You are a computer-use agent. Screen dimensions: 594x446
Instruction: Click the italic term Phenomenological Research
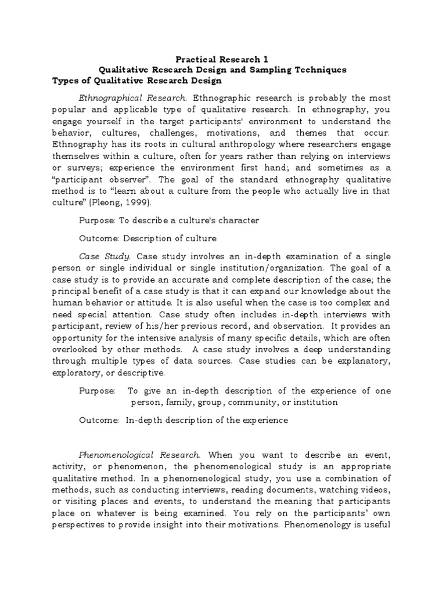pos(139,454)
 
